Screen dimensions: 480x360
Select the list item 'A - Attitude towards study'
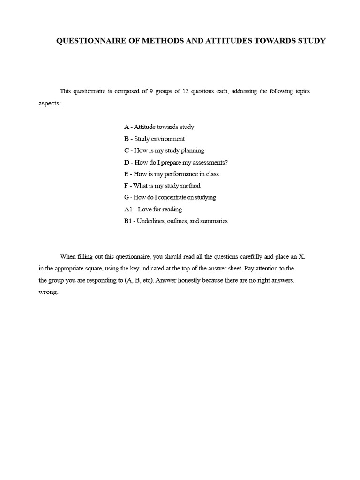pos(159,127)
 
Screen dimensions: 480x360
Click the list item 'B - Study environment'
pos(154,139)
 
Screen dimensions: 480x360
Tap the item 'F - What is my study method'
pos(162,186)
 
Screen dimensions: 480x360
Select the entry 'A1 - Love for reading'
pos(153,209)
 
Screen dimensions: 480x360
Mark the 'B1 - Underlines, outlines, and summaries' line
pos(176,221)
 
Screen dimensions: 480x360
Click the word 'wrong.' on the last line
pos(48,292)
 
